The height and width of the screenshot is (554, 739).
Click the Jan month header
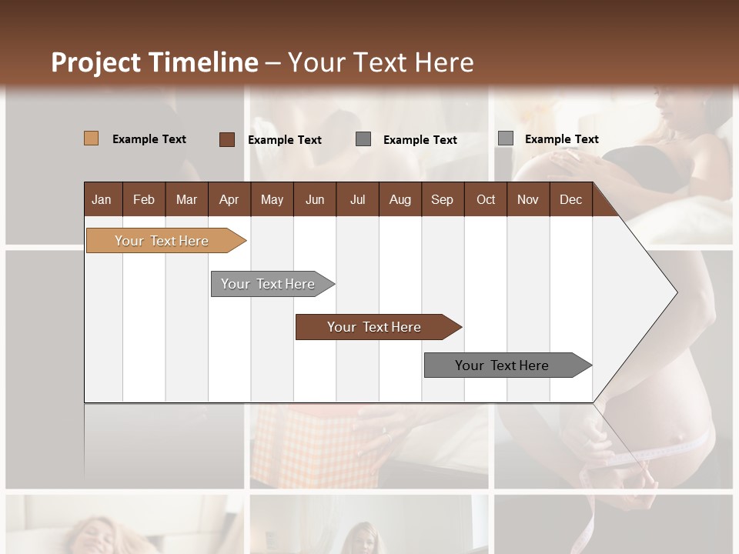[102, 199]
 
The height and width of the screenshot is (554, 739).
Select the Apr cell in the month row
[229, 199]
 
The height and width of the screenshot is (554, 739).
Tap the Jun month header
[315, 199]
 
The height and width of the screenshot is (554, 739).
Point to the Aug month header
[400, 199]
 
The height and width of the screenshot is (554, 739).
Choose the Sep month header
[442, 199]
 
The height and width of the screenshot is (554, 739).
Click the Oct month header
[486, 199]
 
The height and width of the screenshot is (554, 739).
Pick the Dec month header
[570, 199]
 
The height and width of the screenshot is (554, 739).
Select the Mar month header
[186, 199]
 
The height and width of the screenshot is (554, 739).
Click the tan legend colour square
[91, 138]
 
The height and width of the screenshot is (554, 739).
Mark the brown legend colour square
[226, 139]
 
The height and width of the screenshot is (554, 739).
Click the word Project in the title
[96, 62]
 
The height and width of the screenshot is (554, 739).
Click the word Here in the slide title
[444, 62]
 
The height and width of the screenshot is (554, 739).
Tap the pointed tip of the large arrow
[675, 292]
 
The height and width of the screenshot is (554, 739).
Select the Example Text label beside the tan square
[149, 139]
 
